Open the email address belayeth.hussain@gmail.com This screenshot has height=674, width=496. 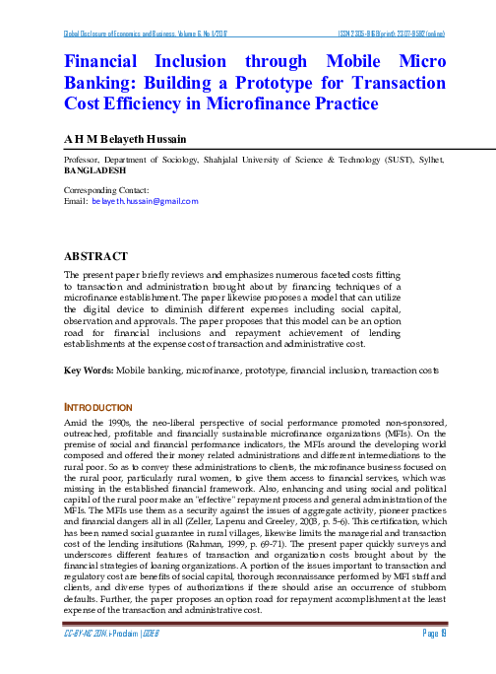click(x=145, y=200)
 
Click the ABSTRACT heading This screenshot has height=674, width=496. click(x=96, y=256)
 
